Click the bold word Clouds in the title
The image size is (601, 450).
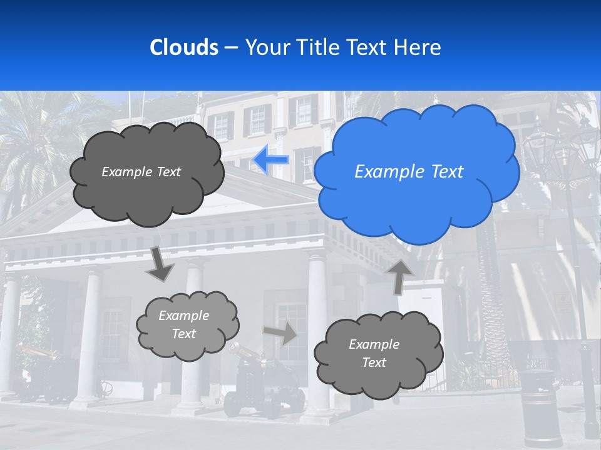pyautogui.click(x=183, y=47)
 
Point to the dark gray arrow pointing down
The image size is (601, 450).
pyautogui.click(x=160, y=263)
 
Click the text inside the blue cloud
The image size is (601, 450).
pyautogui.click(x=409, y=172)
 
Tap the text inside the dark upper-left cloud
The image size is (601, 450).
pyautogui.click(x=141, y=172)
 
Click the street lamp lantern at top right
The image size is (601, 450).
pyautogui.click(x=540, y=147)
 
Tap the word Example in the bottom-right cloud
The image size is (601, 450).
pyautogui.click(x=374, y=344)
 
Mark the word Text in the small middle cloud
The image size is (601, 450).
pyautogui.click(x=183, y=334)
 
